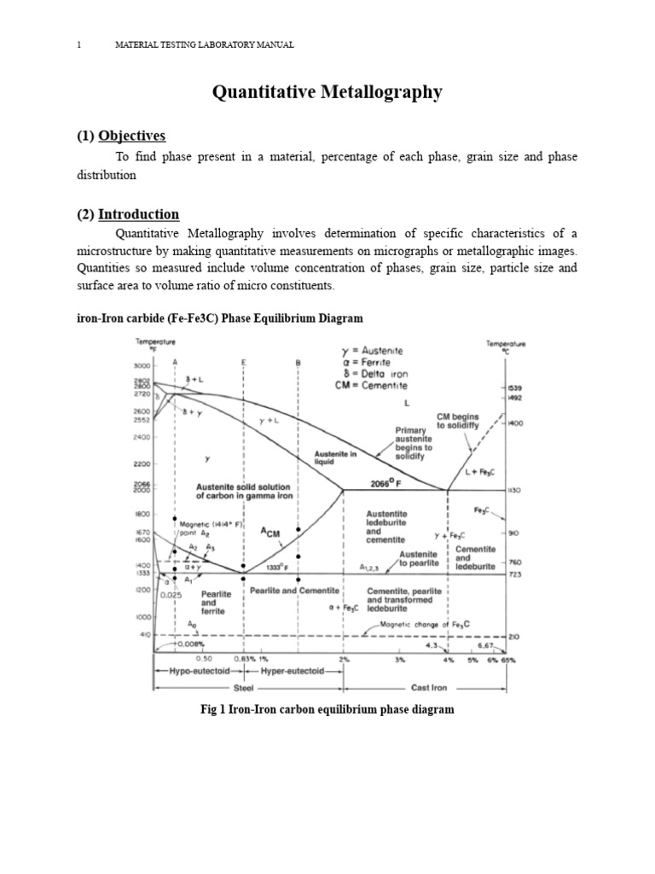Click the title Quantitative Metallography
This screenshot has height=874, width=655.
coord(327,92)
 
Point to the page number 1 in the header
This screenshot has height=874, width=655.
coord(78,44)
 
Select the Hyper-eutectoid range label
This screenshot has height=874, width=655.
coord(293,672)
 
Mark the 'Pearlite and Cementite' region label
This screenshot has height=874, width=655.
coord(295,591)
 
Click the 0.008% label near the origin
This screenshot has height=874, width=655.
coord(188,646)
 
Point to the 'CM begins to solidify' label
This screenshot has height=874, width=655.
coord(458,421)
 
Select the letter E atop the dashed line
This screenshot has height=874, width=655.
coord(244,362)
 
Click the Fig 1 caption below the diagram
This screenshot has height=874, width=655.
coord(327,709)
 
